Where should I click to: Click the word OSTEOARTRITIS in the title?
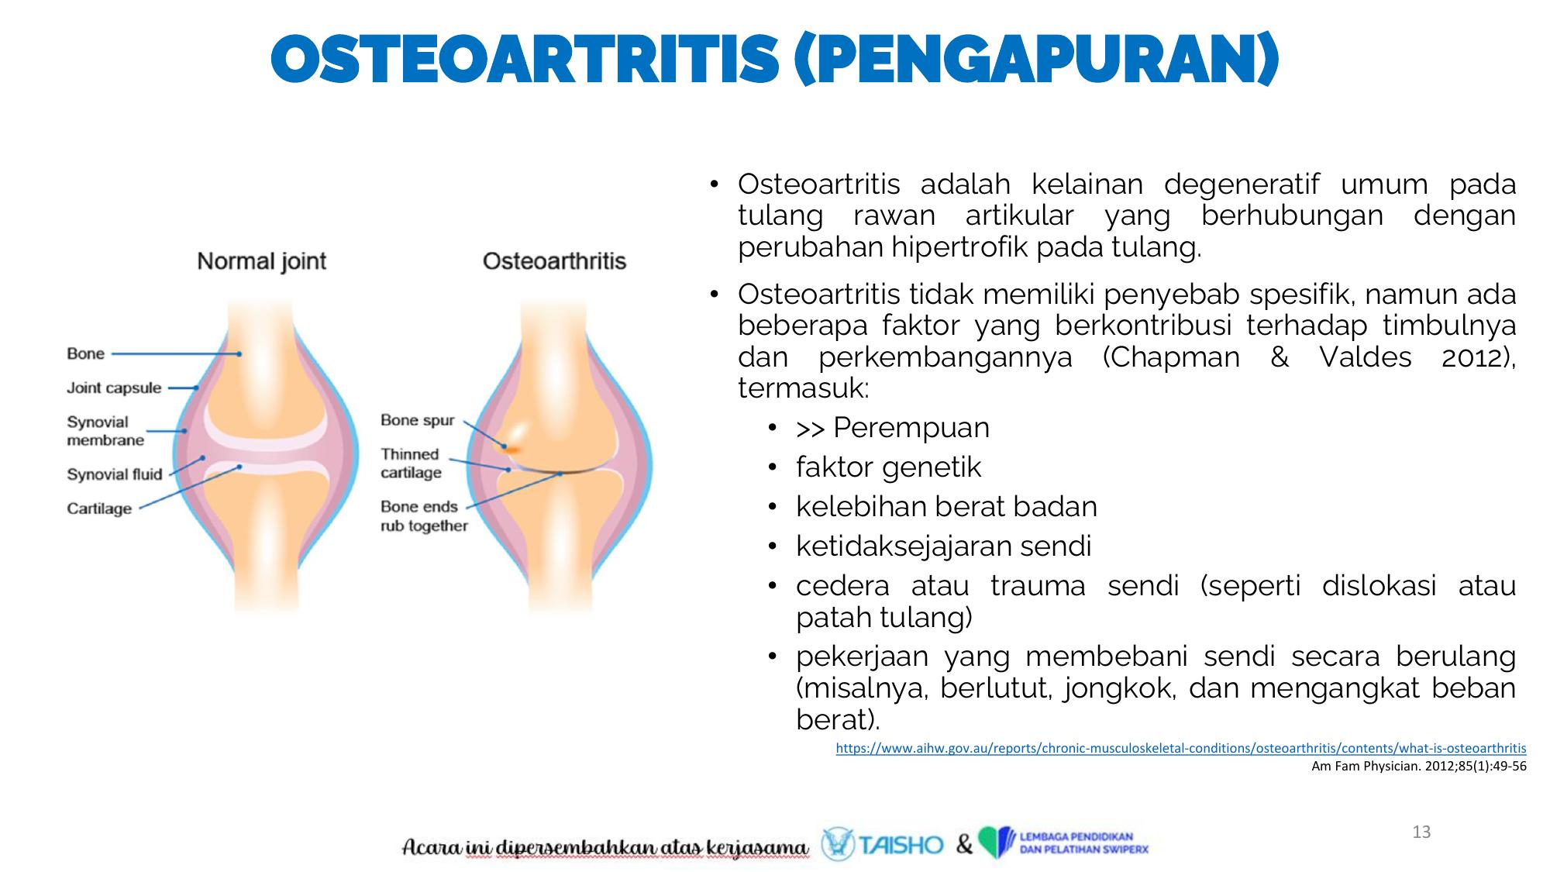525,59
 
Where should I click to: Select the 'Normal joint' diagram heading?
262,261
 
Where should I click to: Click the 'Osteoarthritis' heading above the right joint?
554,260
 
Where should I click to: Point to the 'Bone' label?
85,353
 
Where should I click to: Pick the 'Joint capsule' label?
114,388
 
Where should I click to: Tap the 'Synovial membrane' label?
105,431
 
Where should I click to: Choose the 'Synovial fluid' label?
115,474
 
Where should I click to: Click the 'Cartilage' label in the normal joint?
99,508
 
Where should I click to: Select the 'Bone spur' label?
418,420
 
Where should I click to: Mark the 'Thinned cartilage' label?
412,464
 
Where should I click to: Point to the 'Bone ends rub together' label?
424,516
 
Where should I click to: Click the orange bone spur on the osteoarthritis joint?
510,447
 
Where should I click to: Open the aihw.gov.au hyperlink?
1181,749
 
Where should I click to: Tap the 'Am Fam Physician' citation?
1419,767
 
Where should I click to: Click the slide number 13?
1421,832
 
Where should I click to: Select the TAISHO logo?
882,844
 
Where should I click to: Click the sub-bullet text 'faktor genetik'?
888,467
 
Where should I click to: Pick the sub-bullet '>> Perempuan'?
893,428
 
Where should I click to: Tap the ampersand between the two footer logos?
963,844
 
